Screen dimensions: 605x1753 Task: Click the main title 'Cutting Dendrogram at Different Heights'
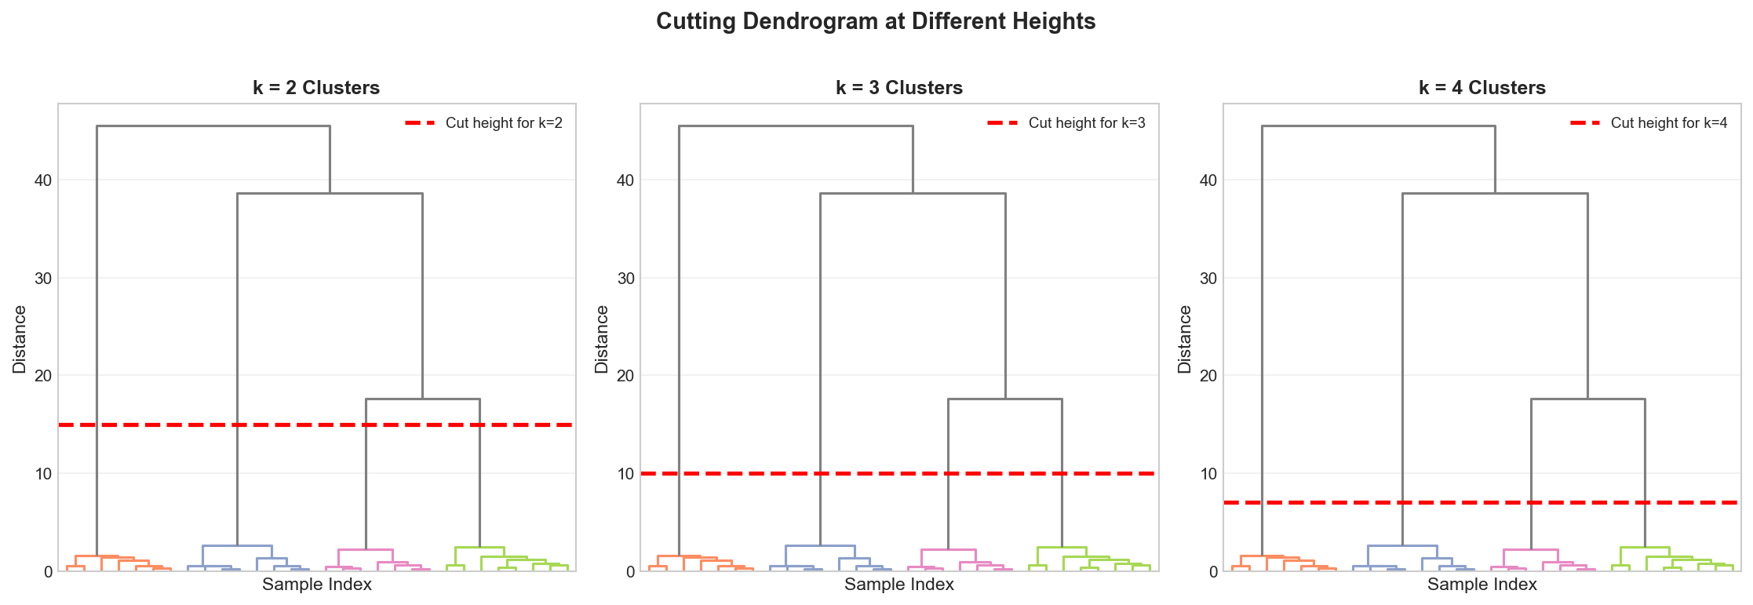coord(876,21)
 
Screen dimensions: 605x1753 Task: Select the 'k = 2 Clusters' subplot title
coord(316,88)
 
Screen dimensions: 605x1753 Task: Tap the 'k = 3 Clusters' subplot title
coord(899,88)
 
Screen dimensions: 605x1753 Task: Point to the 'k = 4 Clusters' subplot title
coord(1482,88)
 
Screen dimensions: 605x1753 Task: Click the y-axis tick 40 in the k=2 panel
coord(42,180)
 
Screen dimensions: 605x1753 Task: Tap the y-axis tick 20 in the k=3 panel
coord(625,376)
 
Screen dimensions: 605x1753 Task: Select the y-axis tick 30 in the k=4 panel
coord(1208,279)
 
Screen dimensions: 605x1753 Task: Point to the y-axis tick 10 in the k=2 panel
coord(42,474)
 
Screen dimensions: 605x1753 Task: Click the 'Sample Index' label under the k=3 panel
coord(899,585)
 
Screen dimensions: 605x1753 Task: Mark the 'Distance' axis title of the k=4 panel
coord(1185,339)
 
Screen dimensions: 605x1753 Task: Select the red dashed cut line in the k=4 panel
coord(1334,502)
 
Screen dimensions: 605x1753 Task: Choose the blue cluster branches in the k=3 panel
coord(820,545)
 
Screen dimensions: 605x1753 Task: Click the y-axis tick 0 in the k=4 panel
coord(1213,571)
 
